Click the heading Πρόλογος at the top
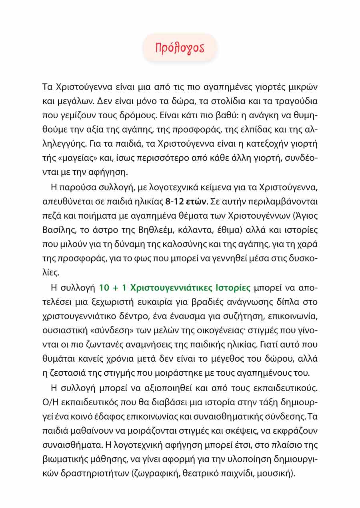[x=180, y=48]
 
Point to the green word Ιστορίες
[x=232, y=288]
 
